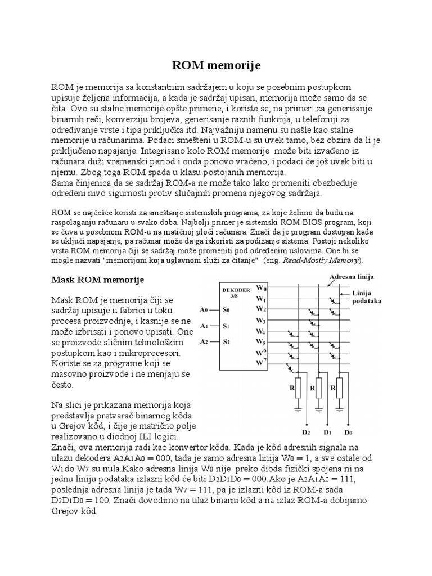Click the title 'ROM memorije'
click(216, 66)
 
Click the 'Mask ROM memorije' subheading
click(98, 280)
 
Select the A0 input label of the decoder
click(204, 309)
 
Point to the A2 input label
click(204, 341)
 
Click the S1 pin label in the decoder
click(226, 325)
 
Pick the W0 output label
click(260, 288)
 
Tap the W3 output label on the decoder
click(260, 320)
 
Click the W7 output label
click(260, 363)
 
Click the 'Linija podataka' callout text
click(366, 297)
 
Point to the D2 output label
click(306, 434)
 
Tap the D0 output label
click(349, 434)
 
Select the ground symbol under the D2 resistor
click(298, 410)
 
